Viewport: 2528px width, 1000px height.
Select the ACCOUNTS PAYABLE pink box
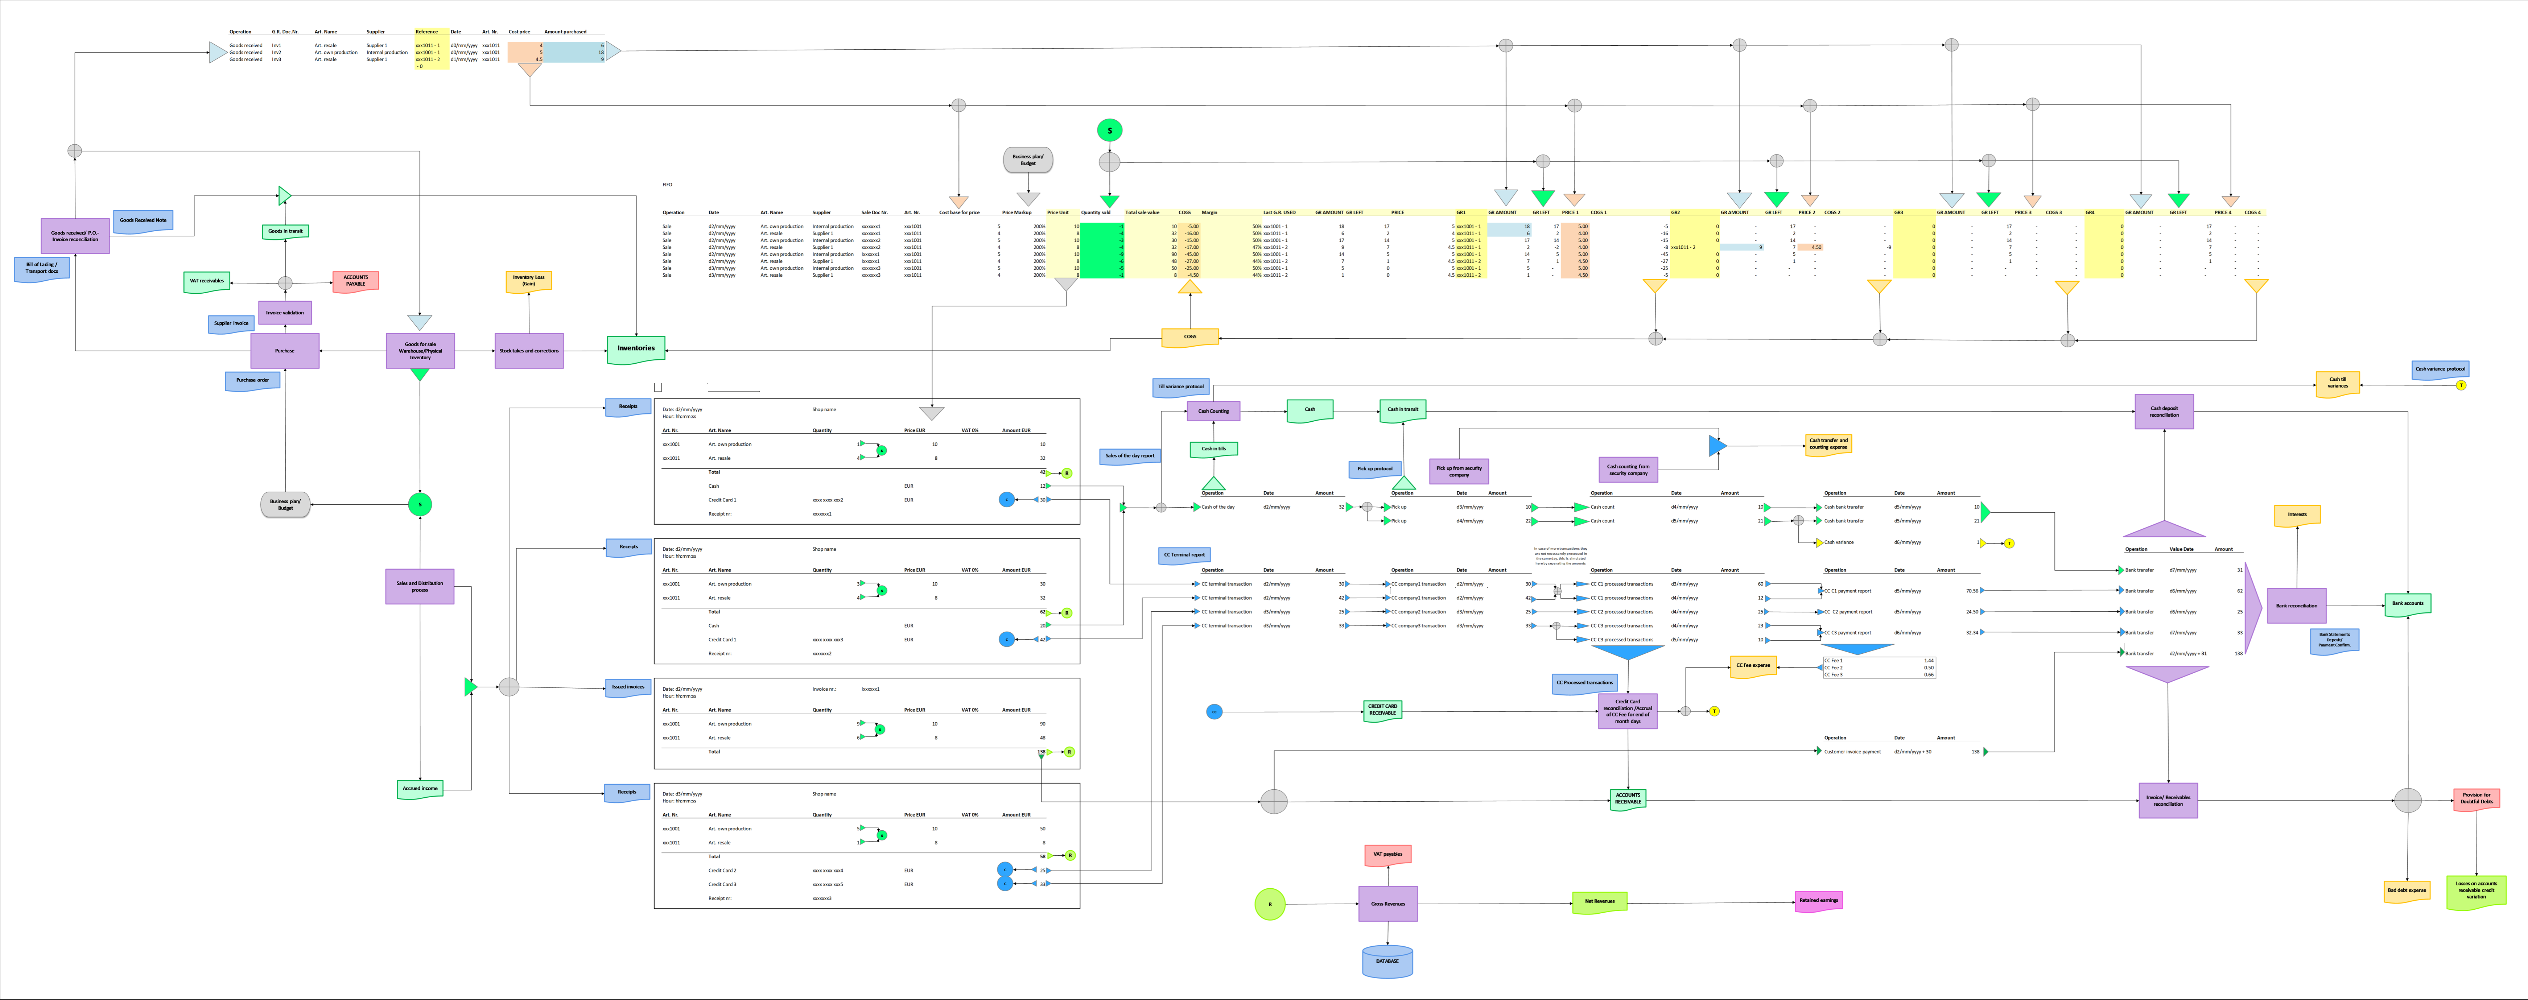pyautogui.click(x=355, y=281)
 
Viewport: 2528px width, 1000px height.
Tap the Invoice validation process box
pyautogui.click(x=285, y=312)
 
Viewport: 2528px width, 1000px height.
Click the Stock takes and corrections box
pyautogui.click(x=529, y=350)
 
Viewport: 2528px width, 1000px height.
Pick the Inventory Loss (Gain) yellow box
pyautogui.click(x=528, y=281)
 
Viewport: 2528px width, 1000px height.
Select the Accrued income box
pyautogui.click(x=420, y=788)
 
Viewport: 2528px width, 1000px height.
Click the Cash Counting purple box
pyautogui.click(x=1213, y=411)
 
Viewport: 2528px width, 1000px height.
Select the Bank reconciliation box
pyautogui.click(x=2296, y=606)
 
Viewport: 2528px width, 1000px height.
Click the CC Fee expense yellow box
pyautogui.click(x=1753, y=665)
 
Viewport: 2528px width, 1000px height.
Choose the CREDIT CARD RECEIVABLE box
pyautogui.click(x=1382, y=710)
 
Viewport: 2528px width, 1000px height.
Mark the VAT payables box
pyautogui.click(x=1387, y=855)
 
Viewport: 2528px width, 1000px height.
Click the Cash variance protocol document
pyautogui.click(x=2440, y=369)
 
